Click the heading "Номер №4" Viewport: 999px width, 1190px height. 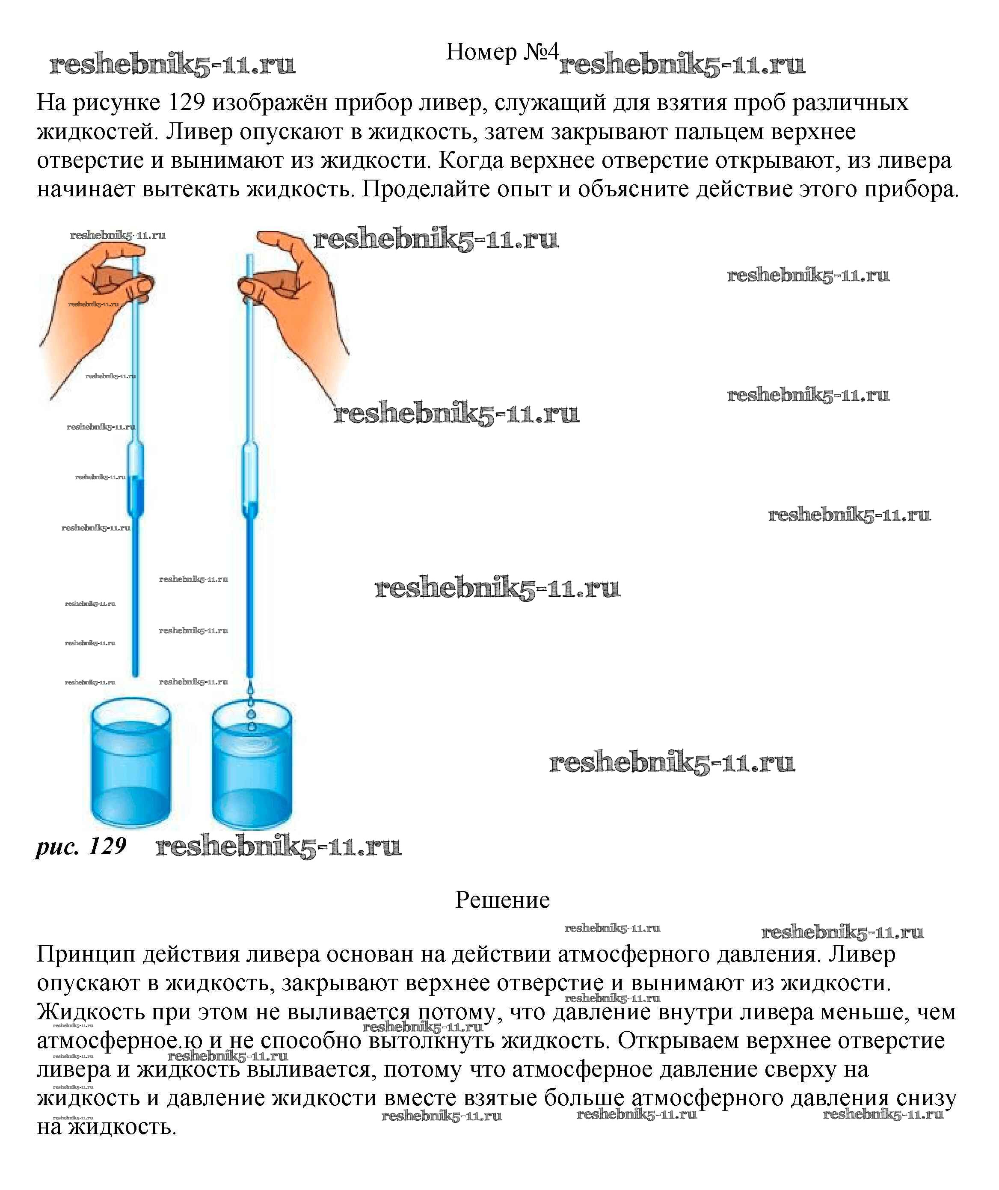click(x=502, y=52)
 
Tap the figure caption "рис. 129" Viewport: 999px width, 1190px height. click(x=81, y=847)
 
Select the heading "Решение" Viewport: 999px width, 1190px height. click(x=502, y=900)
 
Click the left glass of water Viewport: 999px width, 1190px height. click(x=131, y=765)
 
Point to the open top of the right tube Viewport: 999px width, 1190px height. click(x=249, y=258)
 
